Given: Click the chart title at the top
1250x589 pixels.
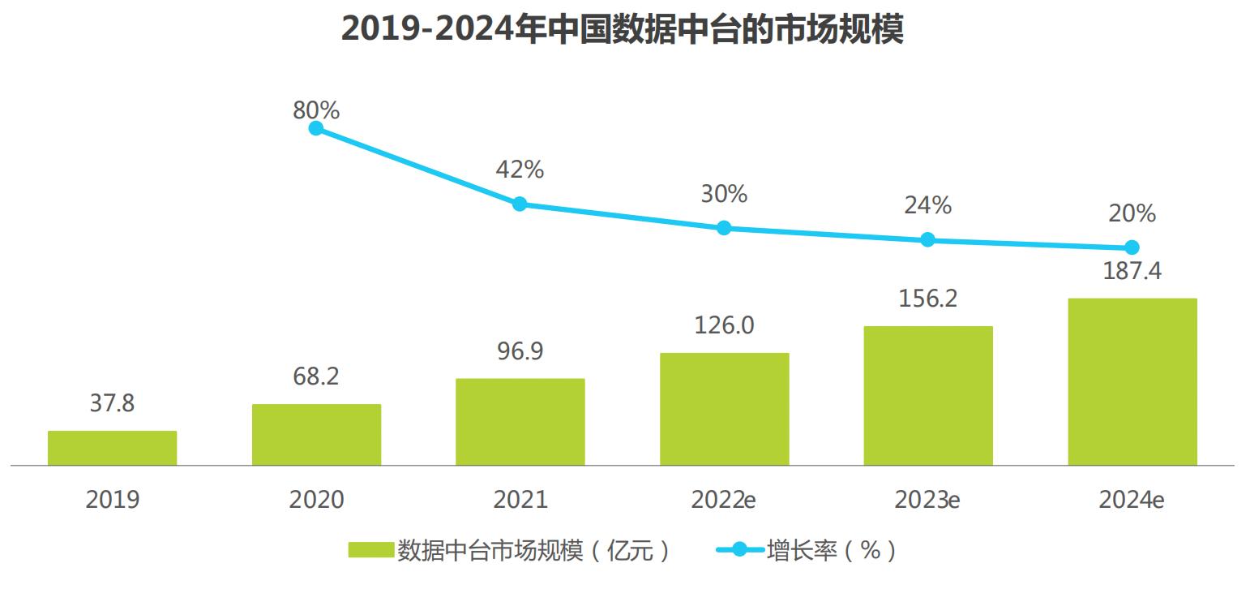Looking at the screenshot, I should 622,29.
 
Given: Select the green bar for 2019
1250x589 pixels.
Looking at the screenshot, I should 112,448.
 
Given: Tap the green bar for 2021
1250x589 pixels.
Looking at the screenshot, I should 520,422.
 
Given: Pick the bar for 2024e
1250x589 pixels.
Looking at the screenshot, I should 1132,381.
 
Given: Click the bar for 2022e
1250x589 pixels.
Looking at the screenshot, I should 724,409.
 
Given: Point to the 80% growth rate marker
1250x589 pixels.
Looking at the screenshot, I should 316,128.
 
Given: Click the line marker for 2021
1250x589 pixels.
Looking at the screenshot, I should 520,204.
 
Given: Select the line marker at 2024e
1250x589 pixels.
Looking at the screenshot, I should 1132,247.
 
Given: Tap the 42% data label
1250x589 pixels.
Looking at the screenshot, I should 520,170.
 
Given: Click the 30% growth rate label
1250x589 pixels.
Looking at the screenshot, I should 724,194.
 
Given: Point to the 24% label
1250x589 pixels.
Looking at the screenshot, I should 928,205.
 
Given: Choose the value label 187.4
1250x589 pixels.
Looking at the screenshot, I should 1132,271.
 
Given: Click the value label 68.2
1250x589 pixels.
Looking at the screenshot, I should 316,377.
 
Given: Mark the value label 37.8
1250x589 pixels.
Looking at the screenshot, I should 112,403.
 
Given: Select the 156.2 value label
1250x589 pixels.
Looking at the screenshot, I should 928,299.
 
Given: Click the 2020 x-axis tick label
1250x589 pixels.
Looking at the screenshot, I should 316,500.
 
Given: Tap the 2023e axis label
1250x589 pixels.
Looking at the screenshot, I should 927,500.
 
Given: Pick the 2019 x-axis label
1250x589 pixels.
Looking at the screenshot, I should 112,500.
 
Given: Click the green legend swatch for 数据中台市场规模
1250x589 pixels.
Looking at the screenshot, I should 371,551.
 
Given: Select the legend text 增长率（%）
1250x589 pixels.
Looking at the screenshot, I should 832,551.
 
